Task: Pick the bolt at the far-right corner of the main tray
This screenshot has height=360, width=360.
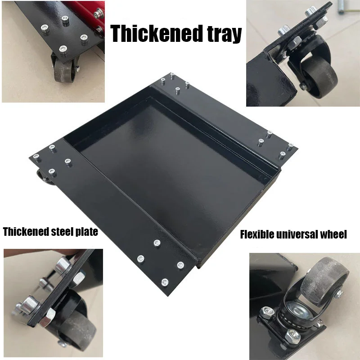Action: pos(290,145)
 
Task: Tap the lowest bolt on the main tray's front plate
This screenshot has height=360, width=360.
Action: pos(164,282)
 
